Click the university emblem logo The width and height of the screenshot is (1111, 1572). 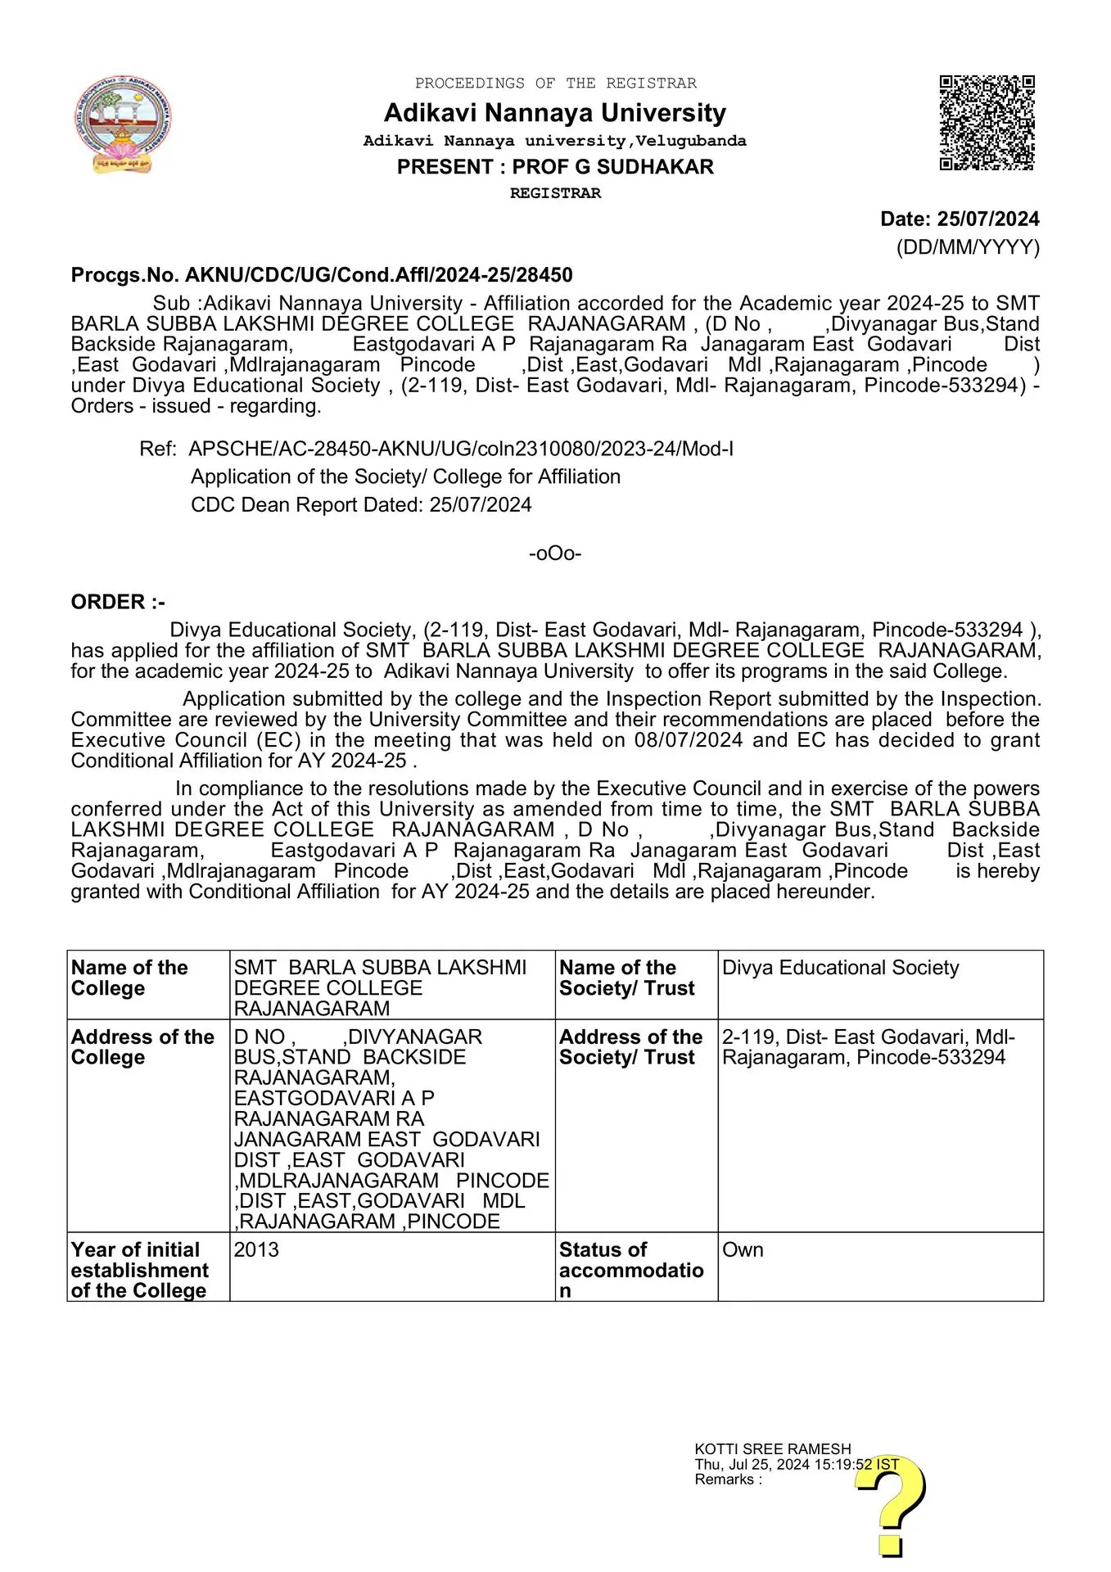124,124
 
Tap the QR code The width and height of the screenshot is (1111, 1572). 987,123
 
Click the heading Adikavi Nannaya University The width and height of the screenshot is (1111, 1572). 554,112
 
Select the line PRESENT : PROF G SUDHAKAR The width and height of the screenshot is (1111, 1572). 555,167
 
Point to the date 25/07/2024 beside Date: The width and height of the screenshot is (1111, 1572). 988,219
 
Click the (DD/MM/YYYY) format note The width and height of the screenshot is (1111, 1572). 968,247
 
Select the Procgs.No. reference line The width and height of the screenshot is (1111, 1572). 322,275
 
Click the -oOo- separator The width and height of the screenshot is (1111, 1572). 555,553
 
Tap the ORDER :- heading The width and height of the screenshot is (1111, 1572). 118,603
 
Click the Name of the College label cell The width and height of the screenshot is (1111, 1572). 147,978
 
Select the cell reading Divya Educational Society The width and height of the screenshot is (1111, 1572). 840,968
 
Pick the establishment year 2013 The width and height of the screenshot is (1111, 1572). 256,1250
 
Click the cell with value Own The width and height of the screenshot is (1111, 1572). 743,1250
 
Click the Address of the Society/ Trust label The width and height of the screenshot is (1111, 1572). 631,1047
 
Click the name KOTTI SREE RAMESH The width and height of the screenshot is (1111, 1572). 772,1449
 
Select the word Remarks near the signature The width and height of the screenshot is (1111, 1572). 725,1479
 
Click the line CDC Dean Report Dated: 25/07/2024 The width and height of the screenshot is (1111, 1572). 361,505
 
